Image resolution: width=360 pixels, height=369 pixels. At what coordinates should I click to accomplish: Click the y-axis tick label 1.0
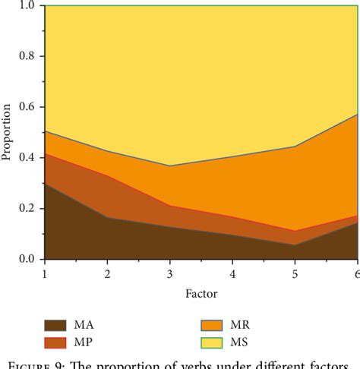(27, 6)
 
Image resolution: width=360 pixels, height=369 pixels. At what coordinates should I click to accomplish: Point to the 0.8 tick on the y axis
(27, 57)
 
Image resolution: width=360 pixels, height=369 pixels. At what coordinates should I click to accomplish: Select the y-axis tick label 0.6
(27, 108)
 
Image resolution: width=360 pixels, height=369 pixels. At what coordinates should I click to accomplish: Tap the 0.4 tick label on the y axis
(27, 158)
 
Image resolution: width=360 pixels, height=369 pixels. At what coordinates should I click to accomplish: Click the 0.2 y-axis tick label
(27, 209)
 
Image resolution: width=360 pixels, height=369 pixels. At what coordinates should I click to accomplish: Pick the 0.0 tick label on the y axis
(27, 259)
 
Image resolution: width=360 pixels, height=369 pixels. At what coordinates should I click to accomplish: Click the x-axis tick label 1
(45, 273)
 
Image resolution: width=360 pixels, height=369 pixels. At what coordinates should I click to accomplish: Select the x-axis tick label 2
(107, 273)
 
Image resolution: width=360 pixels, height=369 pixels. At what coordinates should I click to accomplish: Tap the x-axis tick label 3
(170, 273)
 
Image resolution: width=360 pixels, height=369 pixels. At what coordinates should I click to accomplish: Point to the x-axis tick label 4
(232, 273)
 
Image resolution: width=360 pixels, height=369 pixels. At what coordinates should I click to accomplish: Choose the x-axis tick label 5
(295, 273)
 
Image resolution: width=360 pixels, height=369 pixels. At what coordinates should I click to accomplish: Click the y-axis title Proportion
(7, 133)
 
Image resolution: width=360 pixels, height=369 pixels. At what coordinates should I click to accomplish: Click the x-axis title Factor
(201, 292)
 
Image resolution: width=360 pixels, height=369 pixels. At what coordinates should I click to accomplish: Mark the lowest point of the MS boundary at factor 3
(170, 166)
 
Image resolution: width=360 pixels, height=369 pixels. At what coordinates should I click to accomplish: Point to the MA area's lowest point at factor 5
(295, 244)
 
